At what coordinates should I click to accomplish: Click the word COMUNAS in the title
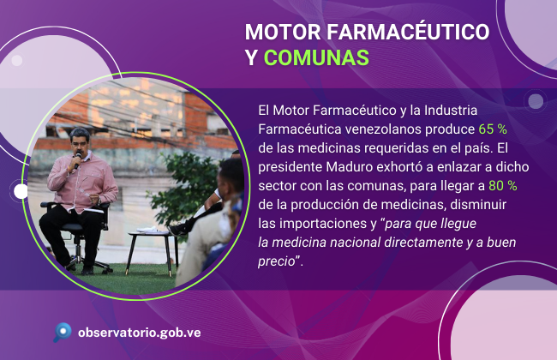pyautogui.click(x=316, y=57)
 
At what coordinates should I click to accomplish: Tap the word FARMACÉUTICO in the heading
pyautogui.click(x=408, y=32)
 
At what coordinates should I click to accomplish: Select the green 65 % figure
pyautogui.click(x=493, y=129)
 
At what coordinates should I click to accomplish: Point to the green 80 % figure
pyautogui.click(x=503, y=185)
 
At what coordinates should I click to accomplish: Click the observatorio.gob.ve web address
pyautogui.click(x=139, y=333)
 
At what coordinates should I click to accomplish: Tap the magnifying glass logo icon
pyautogui.click(x=63, y=332)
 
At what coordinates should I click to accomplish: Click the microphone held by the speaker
pyautogui.click(x=77, y=160)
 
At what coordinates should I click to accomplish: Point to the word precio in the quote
pyautogui.click(x=277, y=261)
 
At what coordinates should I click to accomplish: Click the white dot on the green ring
pyautogui.click(x=21, y=191)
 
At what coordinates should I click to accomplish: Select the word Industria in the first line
pyautogui.click(x=451, y=111)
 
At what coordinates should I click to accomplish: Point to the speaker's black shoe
pyautogui.click(x=87, y=270)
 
